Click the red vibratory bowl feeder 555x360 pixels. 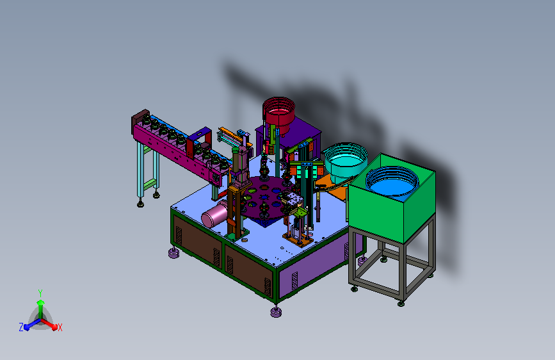click(278, 113)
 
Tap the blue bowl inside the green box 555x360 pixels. click(392, 182)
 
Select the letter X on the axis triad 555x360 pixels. click(60, 328)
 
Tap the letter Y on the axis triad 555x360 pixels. click(40, 293)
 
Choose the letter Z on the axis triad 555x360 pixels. click(21, 327)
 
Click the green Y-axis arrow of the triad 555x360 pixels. click(41, 309)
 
